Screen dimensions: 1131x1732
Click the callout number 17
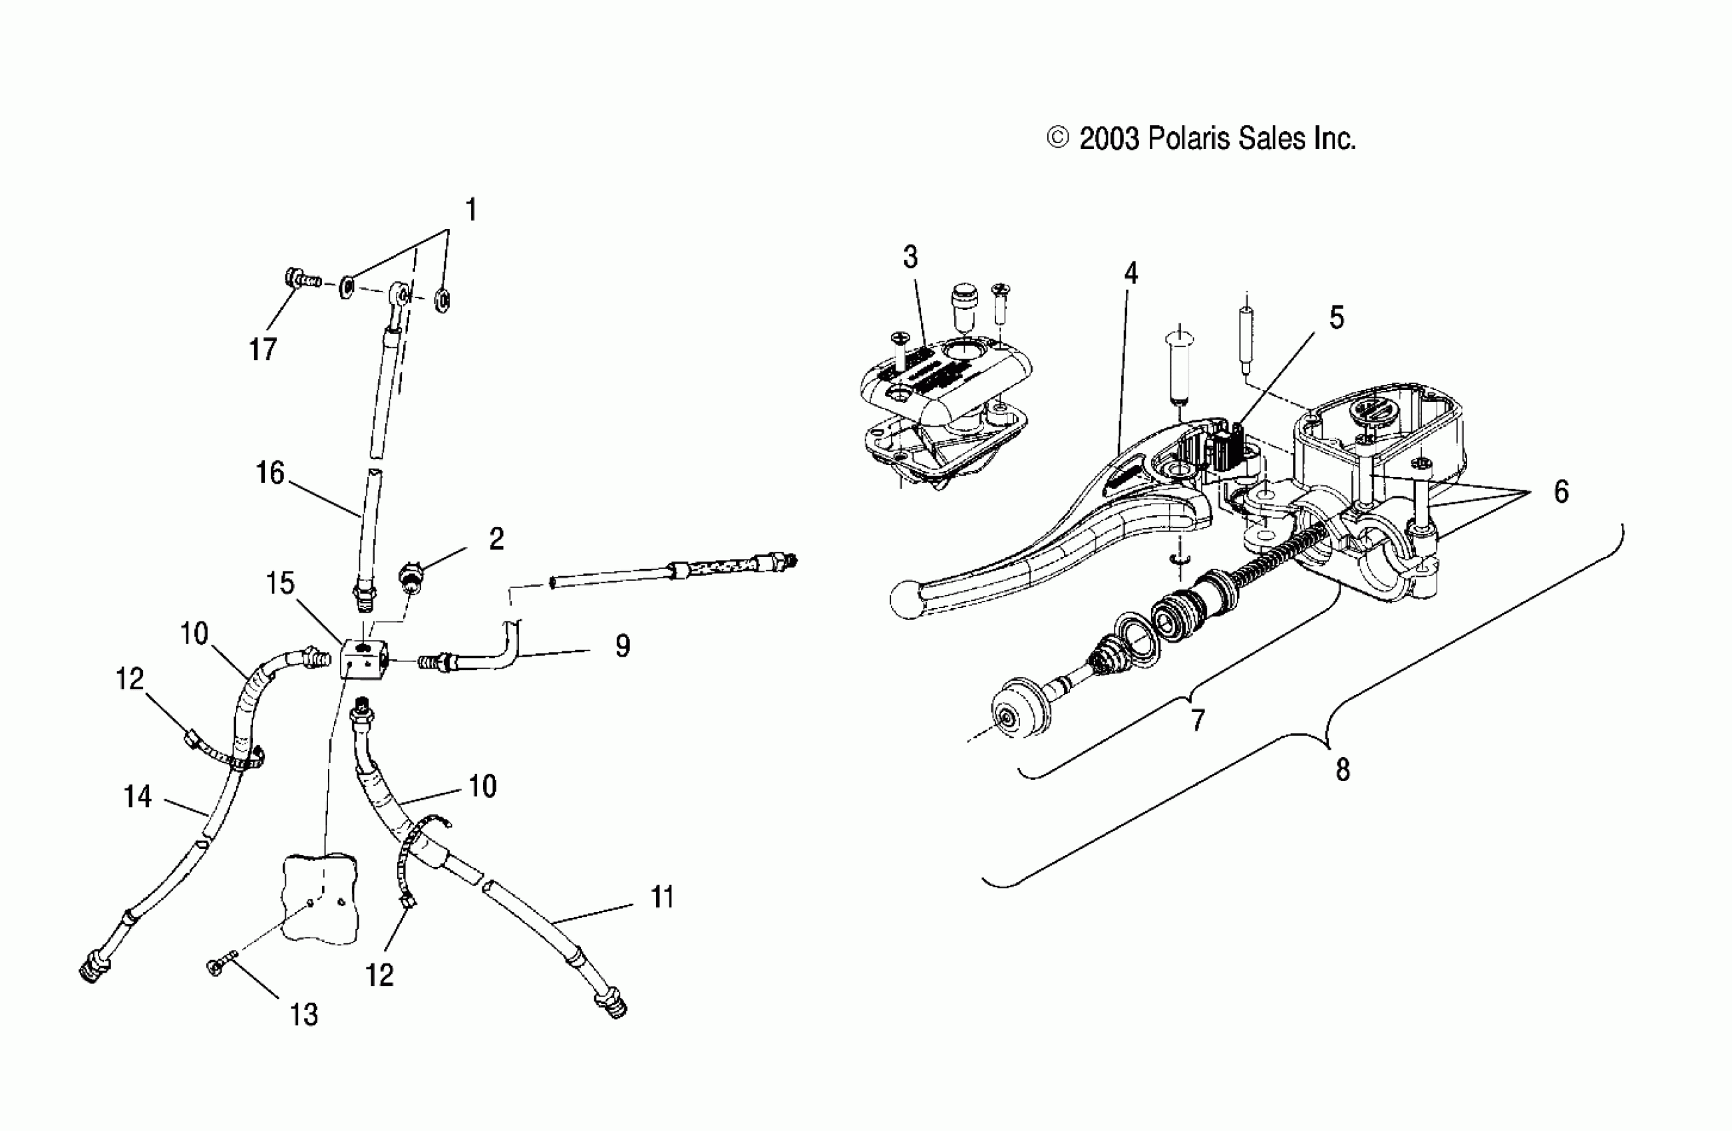click(263, 350)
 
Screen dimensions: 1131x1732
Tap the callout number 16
click(270, 474)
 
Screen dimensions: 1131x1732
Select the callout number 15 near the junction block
click(280, 583)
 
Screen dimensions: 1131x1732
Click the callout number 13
click(304, 1015)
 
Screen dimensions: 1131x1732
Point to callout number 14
click(138, 797)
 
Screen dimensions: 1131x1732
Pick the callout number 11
click(662, 897)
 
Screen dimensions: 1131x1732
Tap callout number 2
click(496, 540)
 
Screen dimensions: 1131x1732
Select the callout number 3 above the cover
click(910, 257)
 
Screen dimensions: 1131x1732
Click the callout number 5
click(1337, 318)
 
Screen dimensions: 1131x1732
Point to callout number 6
click(1561, 493)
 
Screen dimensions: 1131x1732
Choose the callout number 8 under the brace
click(1343, 770)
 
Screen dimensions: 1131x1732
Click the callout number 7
click(1197, 721)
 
